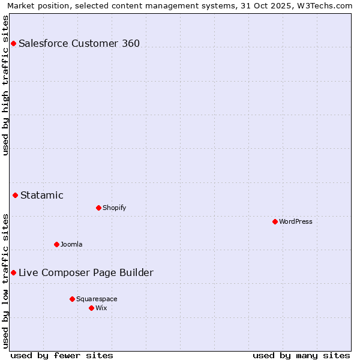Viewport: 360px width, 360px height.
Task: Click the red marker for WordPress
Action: pyautogui.click(x=275, y=221)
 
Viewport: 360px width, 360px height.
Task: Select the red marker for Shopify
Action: pyautogui.click(x=98, y=208)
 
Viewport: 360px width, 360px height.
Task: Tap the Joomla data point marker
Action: pyautogui.click(x=56, y=244)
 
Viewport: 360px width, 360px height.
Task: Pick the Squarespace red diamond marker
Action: pyautogui.click(x=72, y=299)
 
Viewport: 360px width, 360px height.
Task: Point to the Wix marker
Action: pyautogui.click(x=91, y=308)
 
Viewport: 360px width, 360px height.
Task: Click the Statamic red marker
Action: pyautogui.click(x=15, y=195)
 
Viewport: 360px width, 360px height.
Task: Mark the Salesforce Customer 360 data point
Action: pyautogui.click(x=13, y=43)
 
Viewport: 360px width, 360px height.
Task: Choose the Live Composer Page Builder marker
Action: pyautogui.click(x=13, y=272)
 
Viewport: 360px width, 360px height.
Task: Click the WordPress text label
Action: pyautogui.click(x=296, y=221)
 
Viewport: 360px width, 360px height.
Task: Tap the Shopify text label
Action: pyautogui.click(x=114, y=208)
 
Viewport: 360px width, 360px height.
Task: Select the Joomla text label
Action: pyautogui.click(x=71, y=244)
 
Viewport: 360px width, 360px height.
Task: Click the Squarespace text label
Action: pyautogui.click(x=97, y=299)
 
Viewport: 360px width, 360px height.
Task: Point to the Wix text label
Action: pyautogui.click(x=101, y=308)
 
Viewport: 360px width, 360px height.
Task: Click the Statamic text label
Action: pyautogui.click(x=42, y=195)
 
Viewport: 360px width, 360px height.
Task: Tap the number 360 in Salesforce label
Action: pyautogui.click(x=131, y=43)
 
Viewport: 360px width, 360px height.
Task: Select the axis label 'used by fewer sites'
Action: pyautogui.click(x=62, y=355)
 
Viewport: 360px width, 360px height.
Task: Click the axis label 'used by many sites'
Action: pyautogui.click(x=301, y=355)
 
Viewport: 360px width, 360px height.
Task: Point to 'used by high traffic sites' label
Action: pyautogui.click(x=6, y=86)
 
